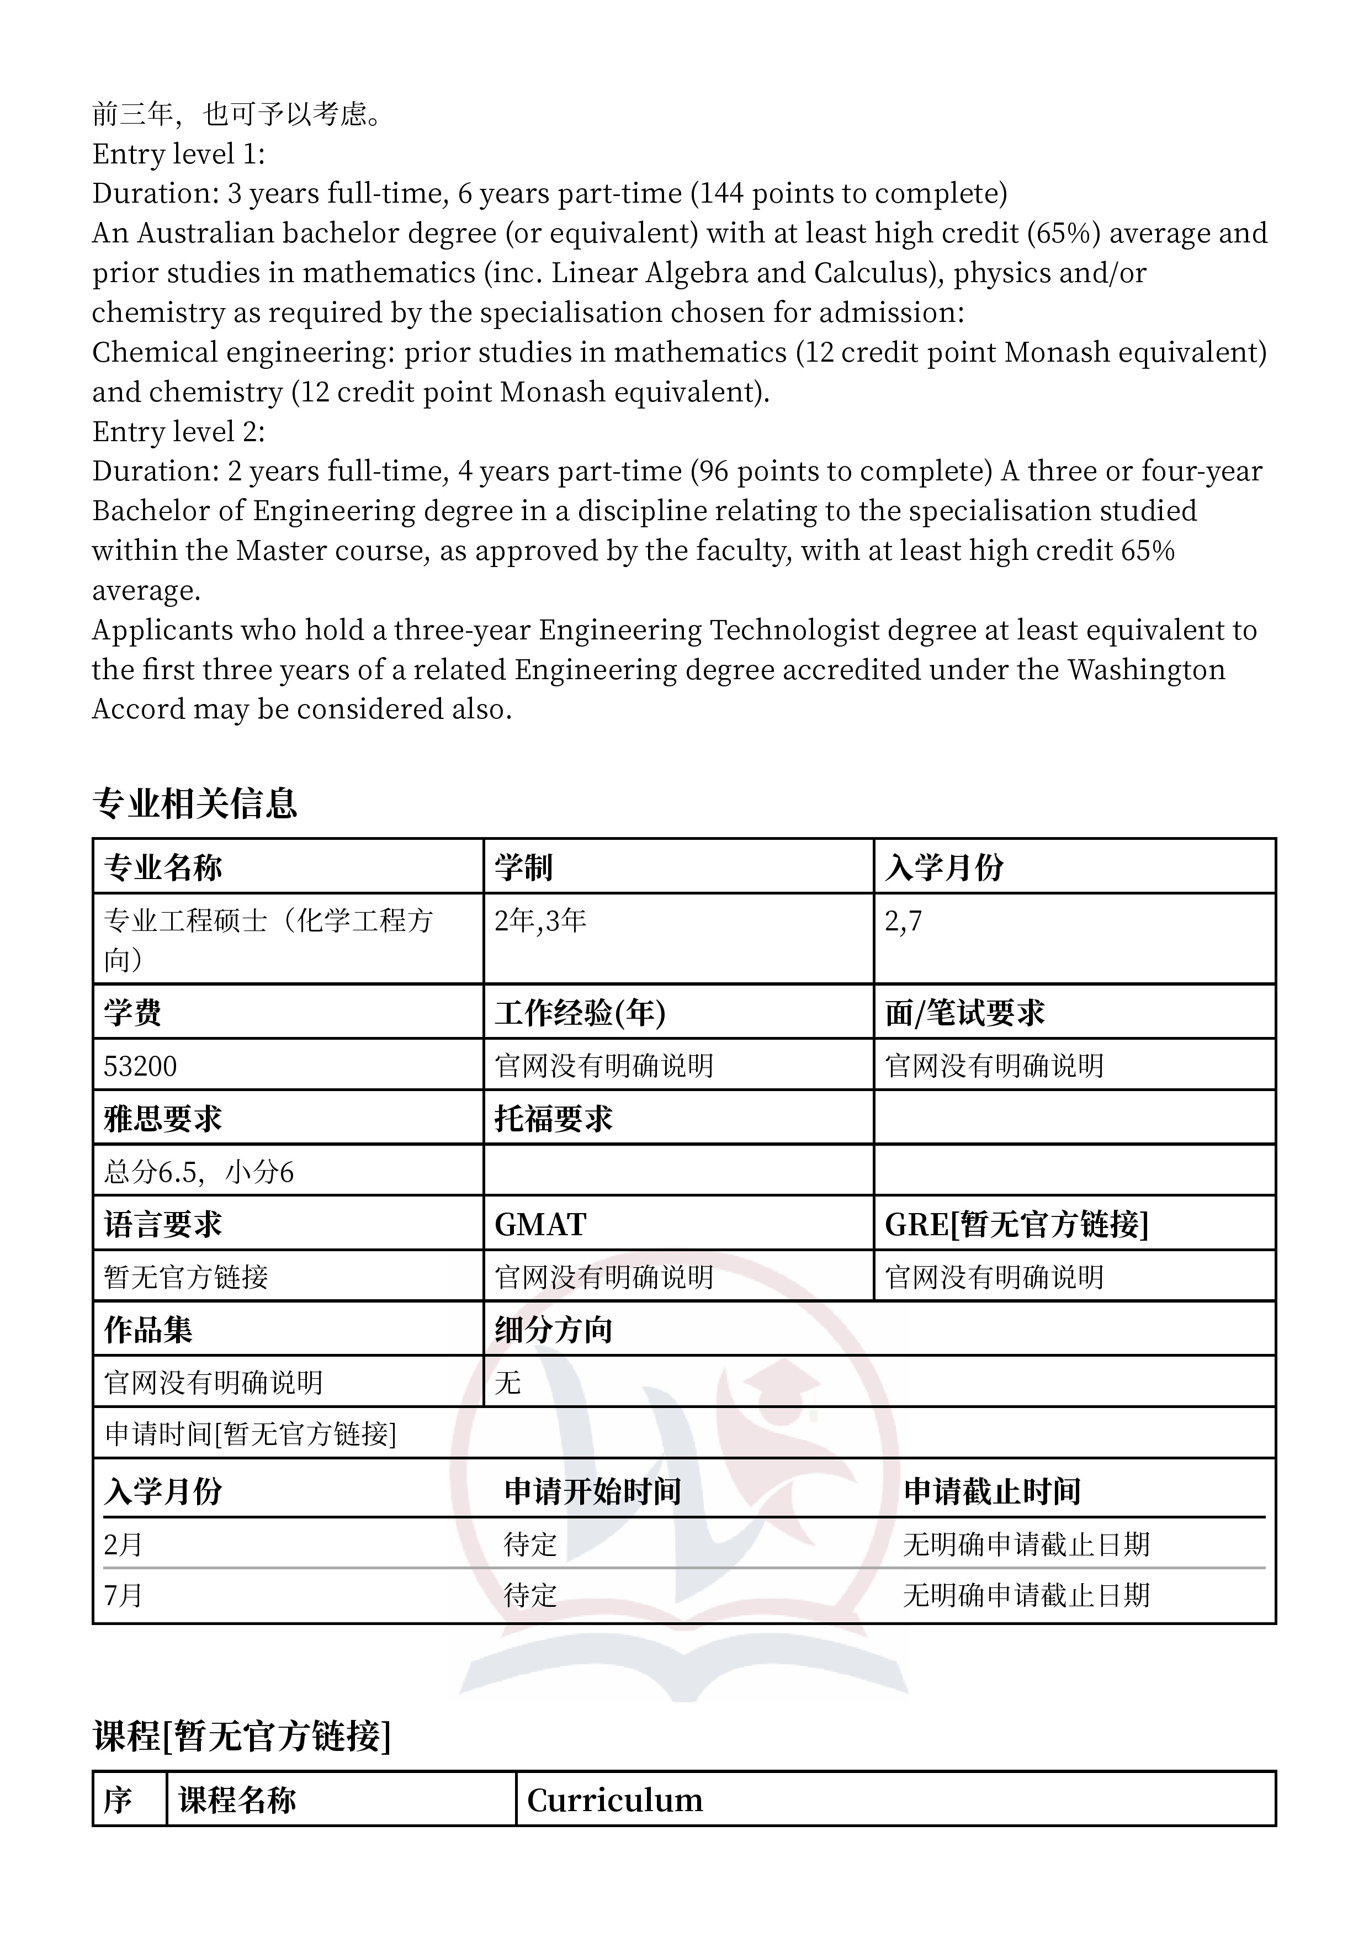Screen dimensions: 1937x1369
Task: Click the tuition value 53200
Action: click(x=140, y=1066)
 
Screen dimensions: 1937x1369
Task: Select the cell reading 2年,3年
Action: click(x=540, y=920)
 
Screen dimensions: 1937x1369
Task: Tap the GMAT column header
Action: click(x=540, y=1224)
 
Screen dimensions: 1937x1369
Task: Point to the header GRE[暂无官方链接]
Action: click(x=1016, y=1224)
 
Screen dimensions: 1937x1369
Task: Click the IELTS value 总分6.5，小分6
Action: click(x=199, y=1172)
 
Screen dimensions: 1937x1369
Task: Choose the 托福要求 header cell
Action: click(x=553, y=1119)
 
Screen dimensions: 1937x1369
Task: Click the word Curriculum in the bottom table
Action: click(x=615, y=1800)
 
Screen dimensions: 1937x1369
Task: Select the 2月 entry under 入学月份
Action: click(x=123, y=1544)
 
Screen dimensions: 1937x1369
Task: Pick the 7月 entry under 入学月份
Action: click(x=123, y=1595)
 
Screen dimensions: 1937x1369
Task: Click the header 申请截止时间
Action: click(x=992, y=1491)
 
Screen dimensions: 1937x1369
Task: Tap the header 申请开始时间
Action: click(x=592, y=1491)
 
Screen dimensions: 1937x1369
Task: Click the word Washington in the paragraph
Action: click(x=1147, y=670)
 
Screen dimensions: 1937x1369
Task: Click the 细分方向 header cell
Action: click(x=553, y=1330)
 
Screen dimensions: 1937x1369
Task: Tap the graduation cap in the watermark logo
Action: click(x=784, y=1386)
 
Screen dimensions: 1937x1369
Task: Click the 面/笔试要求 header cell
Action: click(x=964, y=1012)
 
